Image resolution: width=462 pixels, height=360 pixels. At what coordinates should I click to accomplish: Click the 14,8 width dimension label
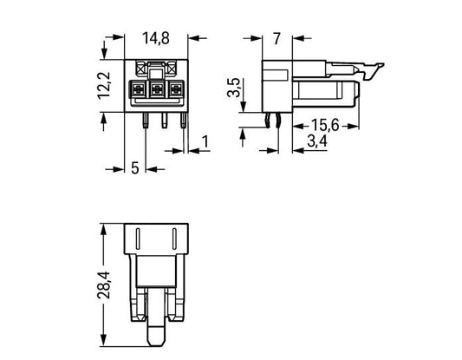(156, 38)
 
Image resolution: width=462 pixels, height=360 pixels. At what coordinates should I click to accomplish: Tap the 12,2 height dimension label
(104, 85)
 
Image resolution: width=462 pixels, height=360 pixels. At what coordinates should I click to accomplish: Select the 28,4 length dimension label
(104, 285)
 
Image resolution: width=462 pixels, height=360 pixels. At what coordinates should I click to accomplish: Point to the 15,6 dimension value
(325, 125)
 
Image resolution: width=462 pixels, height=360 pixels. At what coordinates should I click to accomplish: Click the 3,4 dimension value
(317, 141)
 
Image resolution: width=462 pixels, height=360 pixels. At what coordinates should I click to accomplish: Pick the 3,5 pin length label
(234, 88)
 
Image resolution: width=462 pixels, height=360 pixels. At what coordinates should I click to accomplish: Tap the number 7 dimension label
(277, 39)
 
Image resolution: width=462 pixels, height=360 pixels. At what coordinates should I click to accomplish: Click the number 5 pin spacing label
(134, 168)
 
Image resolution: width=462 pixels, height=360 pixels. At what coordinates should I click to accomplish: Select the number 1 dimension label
(205, 141)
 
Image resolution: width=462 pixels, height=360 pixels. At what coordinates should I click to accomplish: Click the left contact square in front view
(138, 88)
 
